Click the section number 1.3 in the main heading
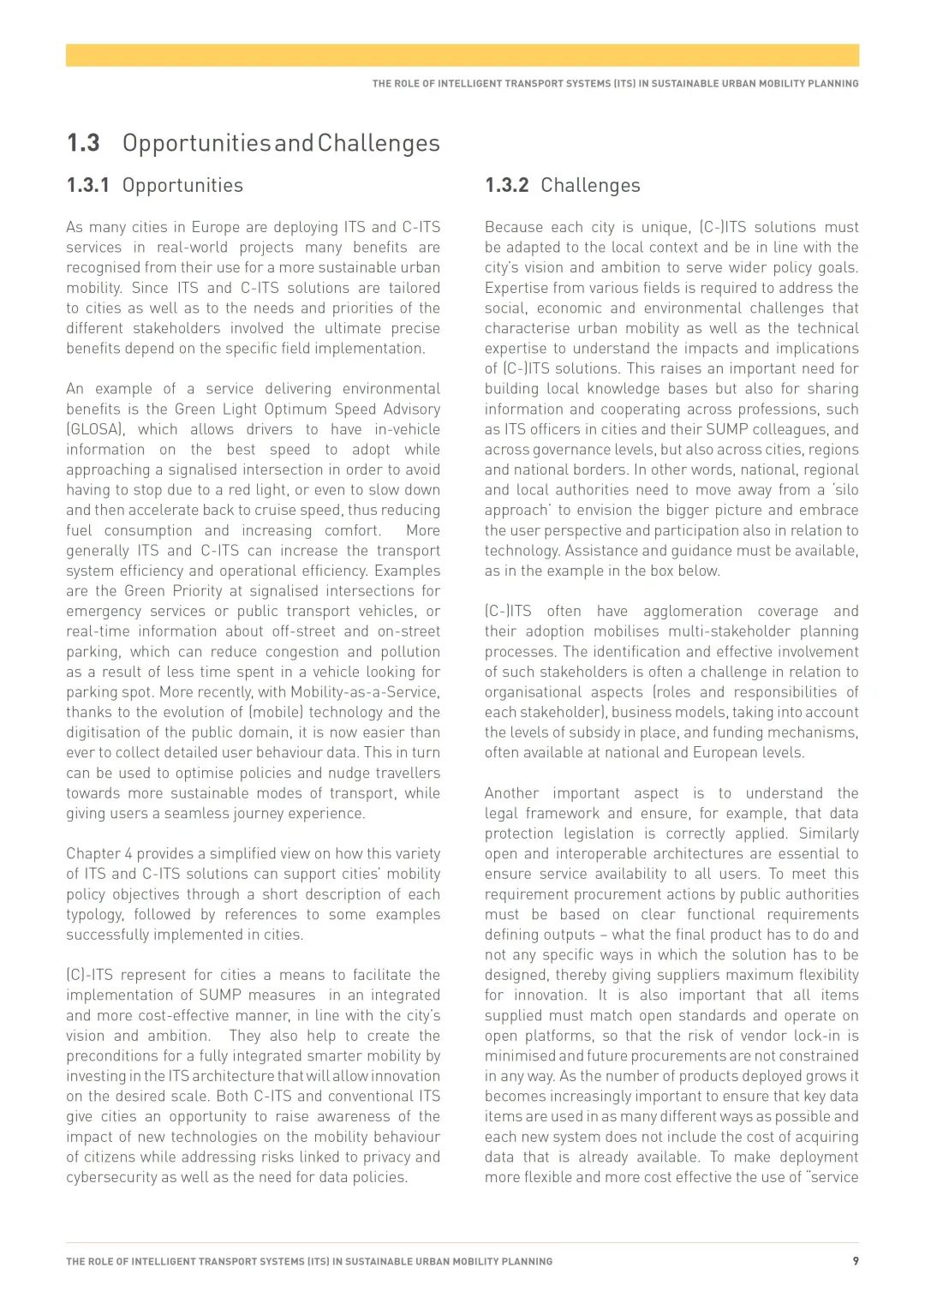(83, 143)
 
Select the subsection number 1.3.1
(87, 186)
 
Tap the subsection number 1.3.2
(506, 186)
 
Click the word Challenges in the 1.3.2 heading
(590, 186)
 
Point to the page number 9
(855, 1261)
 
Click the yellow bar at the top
(462, 56)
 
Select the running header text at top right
(615, 84)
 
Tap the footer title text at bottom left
(309, 1262)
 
